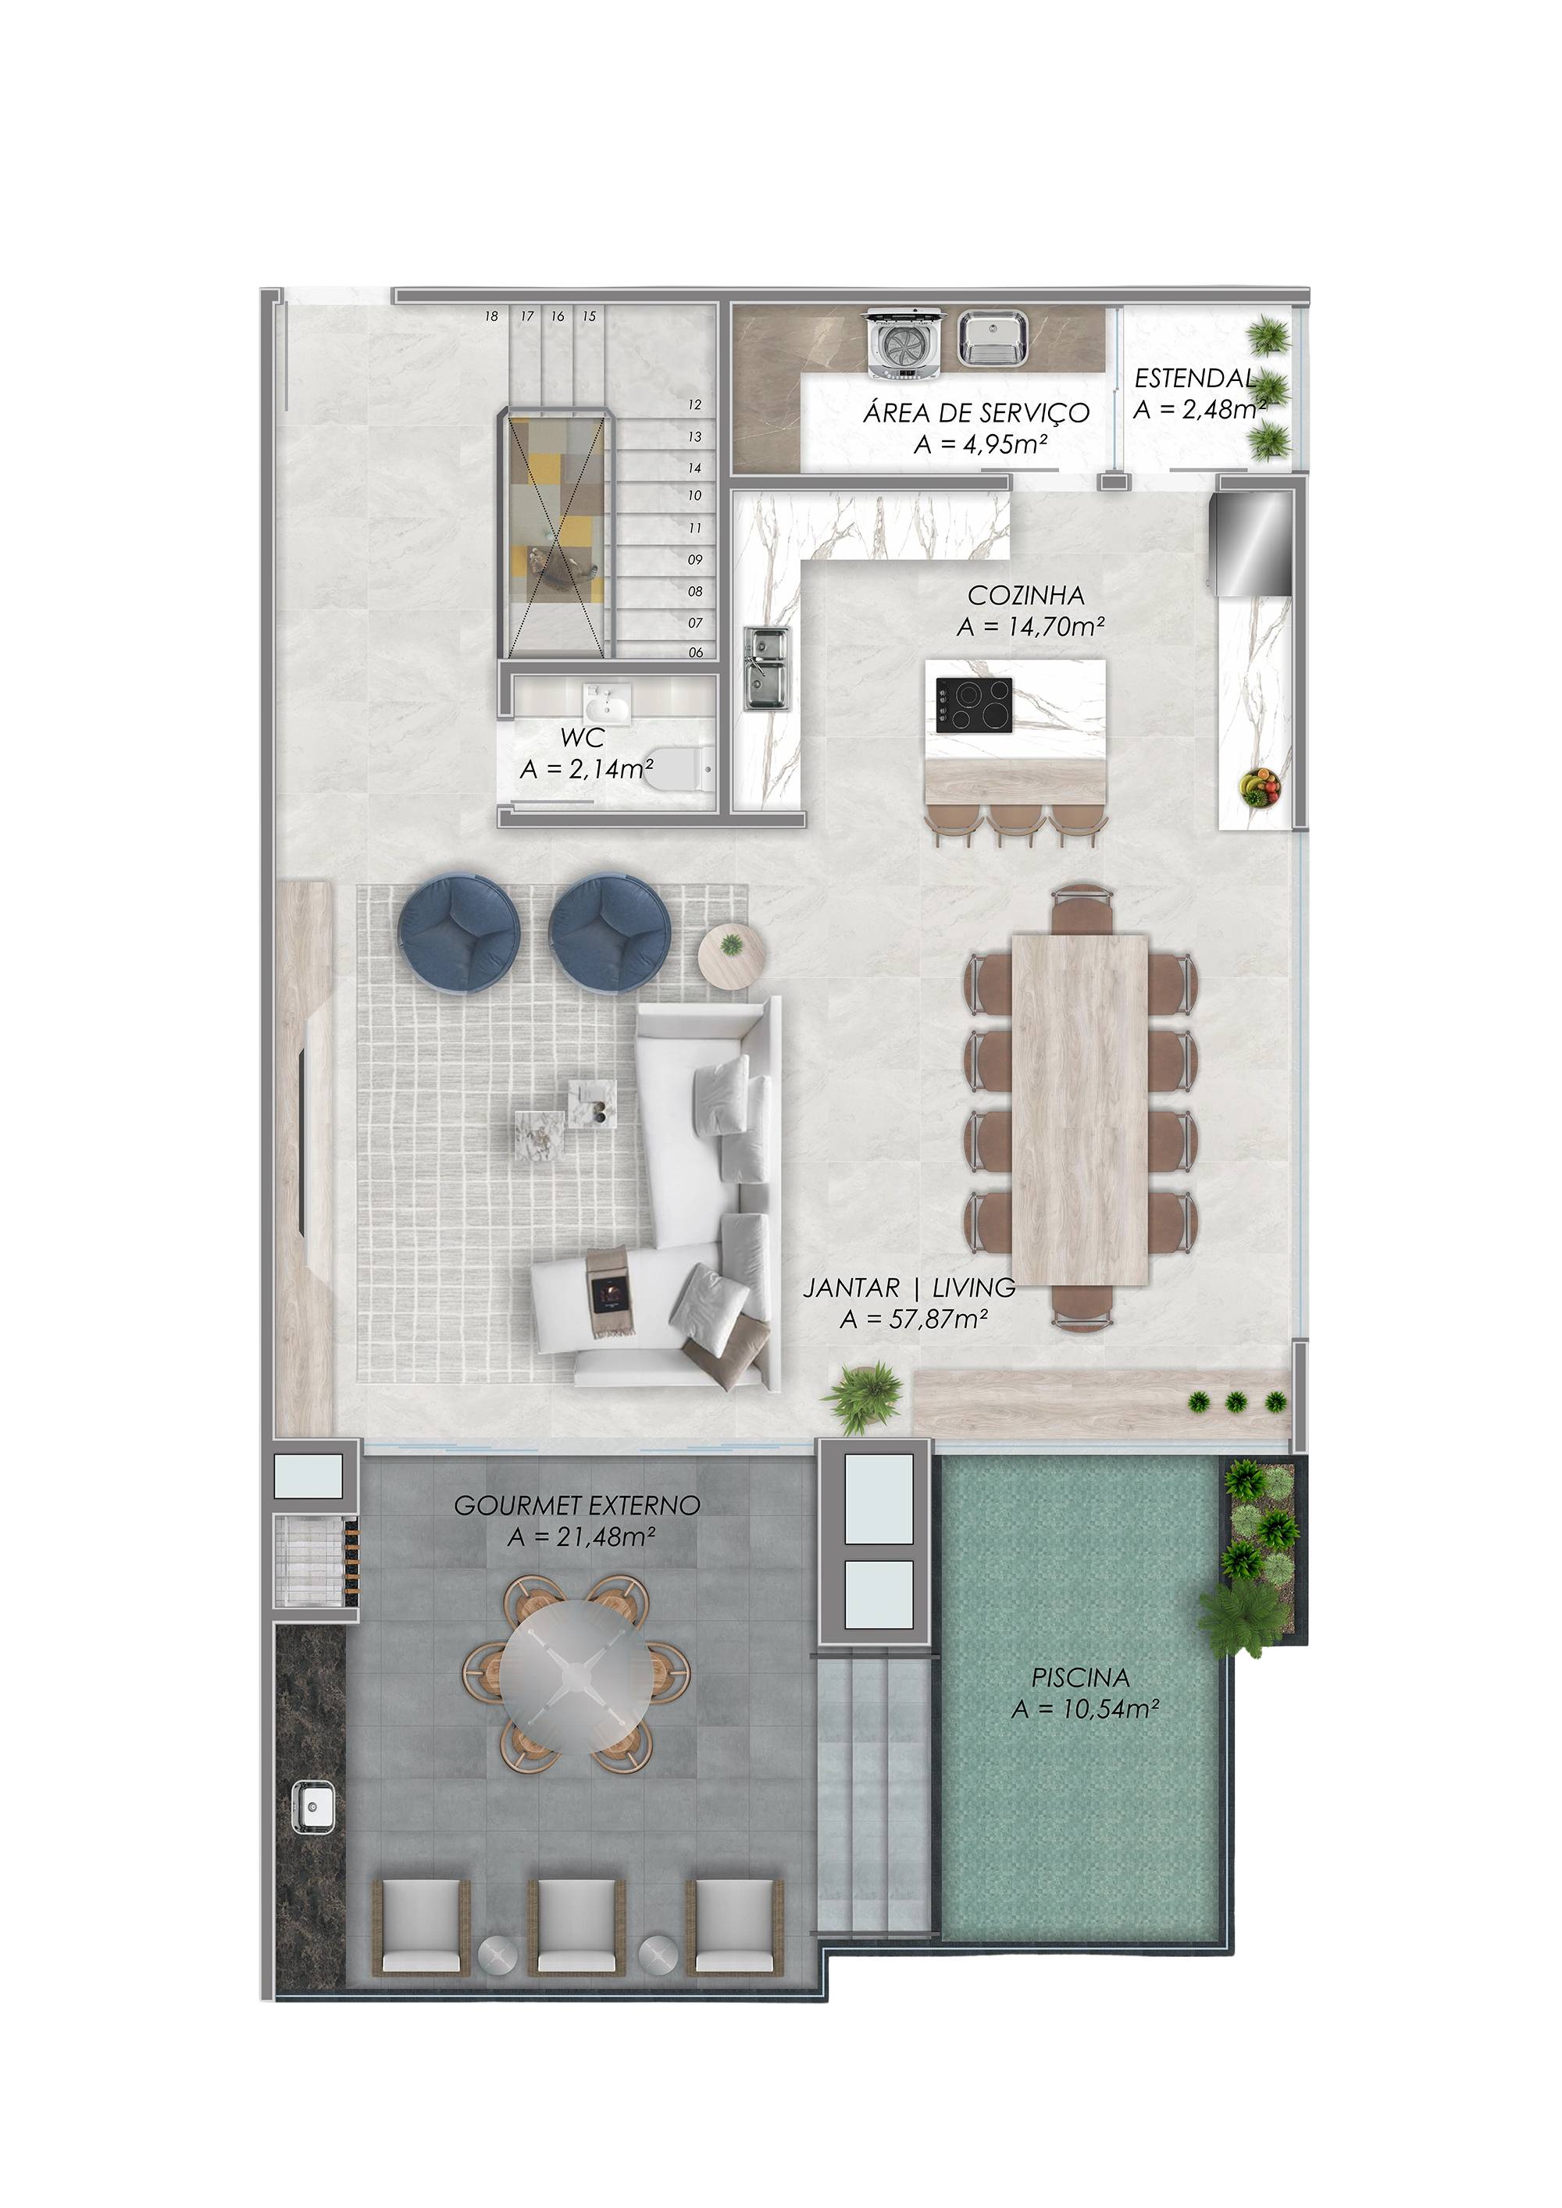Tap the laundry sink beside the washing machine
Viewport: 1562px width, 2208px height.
[992, 339]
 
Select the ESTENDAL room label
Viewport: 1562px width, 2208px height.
[1193, 379]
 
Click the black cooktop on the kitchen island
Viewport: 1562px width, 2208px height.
[973, 707]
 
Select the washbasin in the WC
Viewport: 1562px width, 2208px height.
[606, 704]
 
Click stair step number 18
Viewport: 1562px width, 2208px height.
[491, 316]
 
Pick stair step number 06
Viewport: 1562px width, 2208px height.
[695, 652]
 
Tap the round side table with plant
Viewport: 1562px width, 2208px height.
[732, 953]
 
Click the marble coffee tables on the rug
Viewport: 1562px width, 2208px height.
[568, 1116]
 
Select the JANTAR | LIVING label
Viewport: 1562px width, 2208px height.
[909, 1287]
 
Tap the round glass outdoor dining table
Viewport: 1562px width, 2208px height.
[575, 1676]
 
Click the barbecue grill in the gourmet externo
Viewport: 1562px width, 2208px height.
[312, 1560]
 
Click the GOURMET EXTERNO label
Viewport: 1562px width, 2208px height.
[577, 1505]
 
